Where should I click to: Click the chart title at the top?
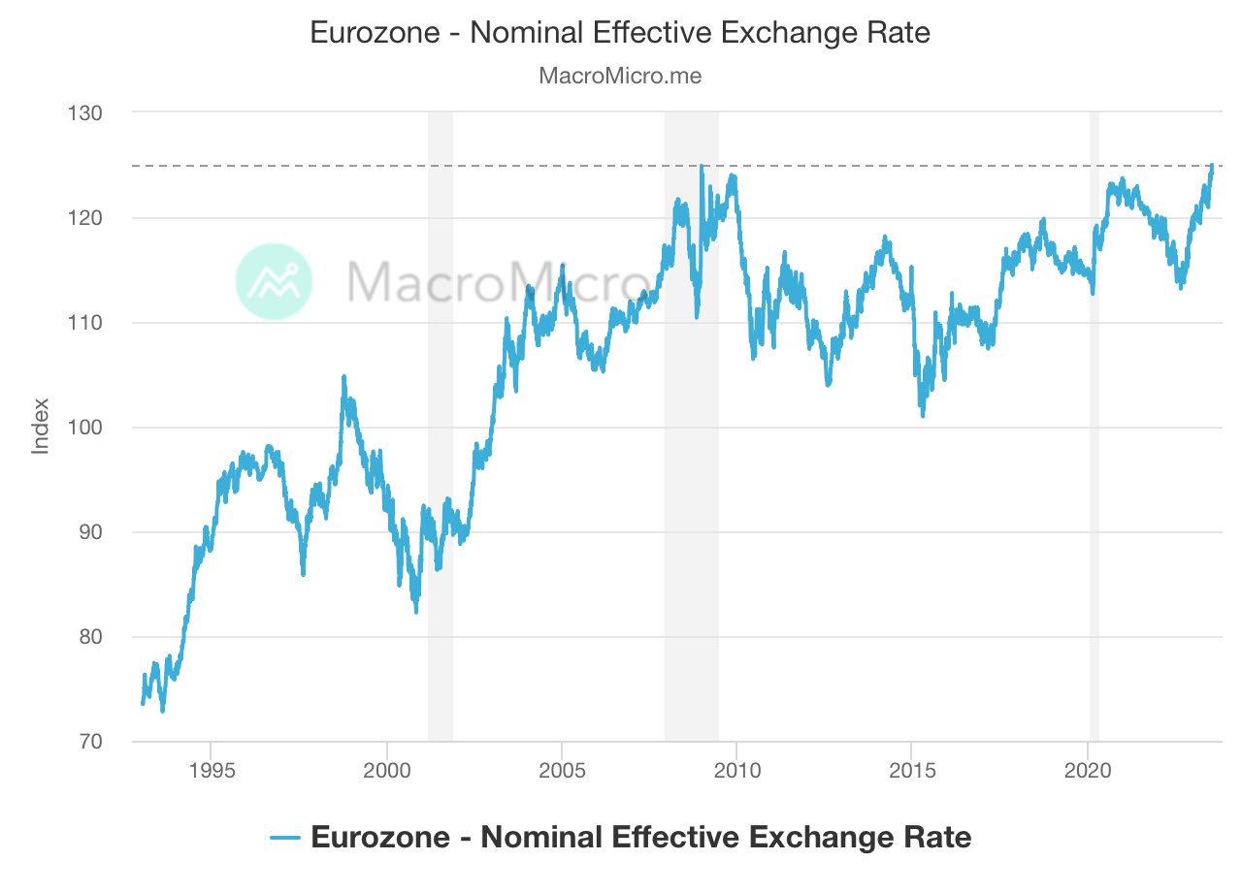[620, 33]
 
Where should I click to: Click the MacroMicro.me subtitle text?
[620, 76]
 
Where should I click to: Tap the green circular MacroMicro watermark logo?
[275, 281]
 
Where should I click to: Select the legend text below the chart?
[640, 837]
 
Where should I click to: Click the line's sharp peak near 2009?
[702, 166]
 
